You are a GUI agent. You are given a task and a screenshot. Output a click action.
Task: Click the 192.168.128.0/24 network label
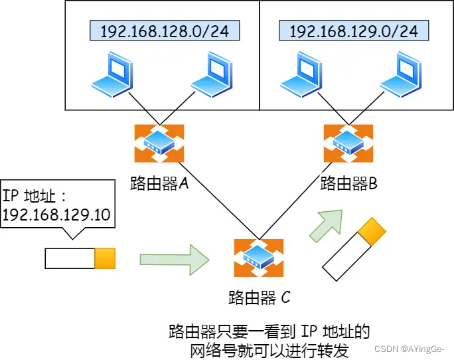tap(164, 31)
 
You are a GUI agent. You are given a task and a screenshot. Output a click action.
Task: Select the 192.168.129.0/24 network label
tap(353, 31)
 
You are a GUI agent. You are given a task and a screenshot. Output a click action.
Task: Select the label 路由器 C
tap(258, 297)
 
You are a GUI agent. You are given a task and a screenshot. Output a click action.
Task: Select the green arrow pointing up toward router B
tap(326, 226)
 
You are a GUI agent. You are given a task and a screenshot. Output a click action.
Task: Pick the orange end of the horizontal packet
tap(105, 258)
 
